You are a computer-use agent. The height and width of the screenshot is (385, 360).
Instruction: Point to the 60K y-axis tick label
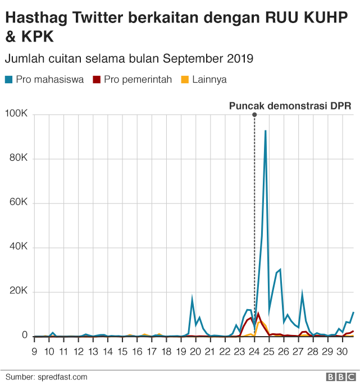(17, 203)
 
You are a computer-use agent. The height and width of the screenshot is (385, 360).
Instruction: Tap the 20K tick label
(17, 291)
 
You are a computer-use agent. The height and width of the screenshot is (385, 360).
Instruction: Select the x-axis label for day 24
(254, 352)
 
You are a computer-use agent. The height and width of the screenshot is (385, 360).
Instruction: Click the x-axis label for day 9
(34, 352)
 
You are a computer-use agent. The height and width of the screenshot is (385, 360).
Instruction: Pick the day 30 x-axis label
(341, 352)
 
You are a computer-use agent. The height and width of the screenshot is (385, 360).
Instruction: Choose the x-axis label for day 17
(151, 352)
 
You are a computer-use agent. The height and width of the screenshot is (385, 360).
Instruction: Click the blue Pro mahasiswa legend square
(8, 80)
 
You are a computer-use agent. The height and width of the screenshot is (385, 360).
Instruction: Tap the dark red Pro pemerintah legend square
(97, 80)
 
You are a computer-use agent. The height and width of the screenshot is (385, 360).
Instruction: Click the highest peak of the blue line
(265, 131)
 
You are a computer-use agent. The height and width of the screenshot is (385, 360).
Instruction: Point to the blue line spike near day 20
(192, 298)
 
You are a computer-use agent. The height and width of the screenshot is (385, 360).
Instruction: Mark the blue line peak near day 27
(302, 293)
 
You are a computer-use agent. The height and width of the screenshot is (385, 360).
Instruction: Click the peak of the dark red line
(258, 313)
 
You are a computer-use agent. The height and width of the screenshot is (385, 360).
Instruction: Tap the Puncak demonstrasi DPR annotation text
(290, 106)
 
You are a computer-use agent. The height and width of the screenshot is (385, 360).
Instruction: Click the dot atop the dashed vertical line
(254, 115)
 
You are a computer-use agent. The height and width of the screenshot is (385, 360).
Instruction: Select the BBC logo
(340, 377)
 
